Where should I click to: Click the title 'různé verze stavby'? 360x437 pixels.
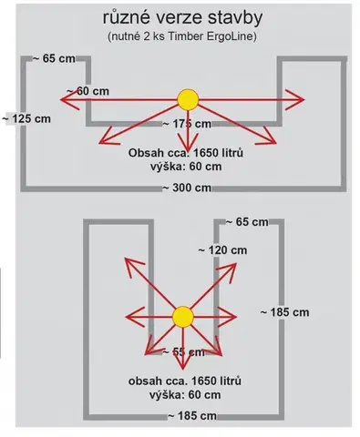tap(182, 18)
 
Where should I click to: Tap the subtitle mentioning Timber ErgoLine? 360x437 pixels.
tap(182, 36)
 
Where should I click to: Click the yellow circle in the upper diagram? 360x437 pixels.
tap(188, 100)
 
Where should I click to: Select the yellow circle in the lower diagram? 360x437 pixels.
tap(183, 317)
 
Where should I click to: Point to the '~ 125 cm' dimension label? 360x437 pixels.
tap(26, 118)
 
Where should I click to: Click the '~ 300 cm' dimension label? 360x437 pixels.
tap(187, 188)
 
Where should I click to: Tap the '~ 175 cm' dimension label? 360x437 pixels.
tap(187, 124)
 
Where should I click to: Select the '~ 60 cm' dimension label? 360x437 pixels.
tap(87, 91)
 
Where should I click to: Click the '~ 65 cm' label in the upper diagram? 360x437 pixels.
tap(54, 58)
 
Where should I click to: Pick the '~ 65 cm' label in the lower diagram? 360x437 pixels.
tap(247, 222)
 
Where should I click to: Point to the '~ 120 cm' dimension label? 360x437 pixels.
tap(222, 250)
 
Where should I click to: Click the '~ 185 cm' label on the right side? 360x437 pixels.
tap(284, 312)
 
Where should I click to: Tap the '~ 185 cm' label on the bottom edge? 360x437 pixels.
tap(192, 416)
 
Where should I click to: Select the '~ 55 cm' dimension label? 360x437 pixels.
tap(183, 352)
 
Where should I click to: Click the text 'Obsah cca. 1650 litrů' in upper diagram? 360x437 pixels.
tap(186, 153)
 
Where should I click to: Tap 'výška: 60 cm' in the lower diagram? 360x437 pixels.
tap(185, 395)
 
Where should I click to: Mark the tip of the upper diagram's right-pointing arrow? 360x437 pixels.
tap(304, 99)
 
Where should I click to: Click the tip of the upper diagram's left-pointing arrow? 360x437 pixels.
tap(60, 100)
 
